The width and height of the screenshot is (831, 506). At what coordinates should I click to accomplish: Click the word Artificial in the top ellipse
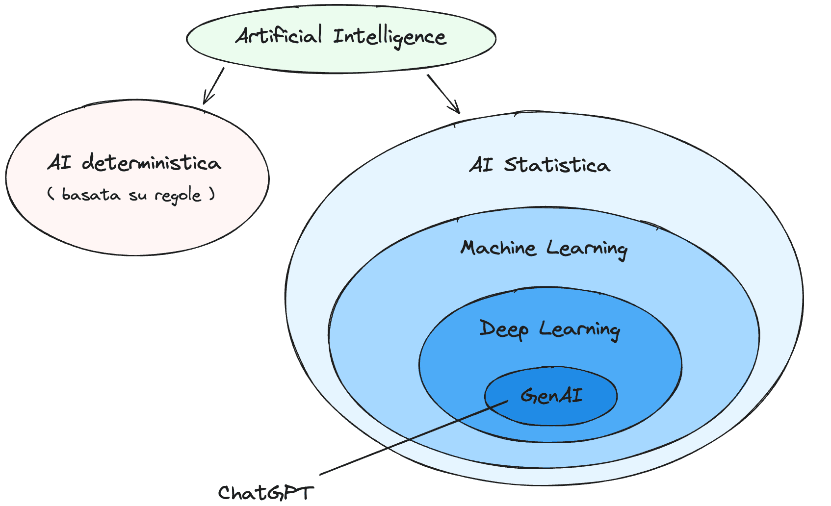click(278, 36)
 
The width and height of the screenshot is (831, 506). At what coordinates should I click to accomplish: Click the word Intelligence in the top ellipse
click(390, 37)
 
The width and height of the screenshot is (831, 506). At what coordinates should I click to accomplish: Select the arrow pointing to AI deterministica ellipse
click(214, 85)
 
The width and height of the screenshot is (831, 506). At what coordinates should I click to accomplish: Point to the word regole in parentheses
click(178, 196)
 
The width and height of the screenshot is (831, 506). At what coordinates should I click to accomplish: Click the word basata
click(91, 195)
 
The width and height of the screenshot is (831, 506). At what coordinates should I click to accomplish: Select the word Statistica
click(557, 165)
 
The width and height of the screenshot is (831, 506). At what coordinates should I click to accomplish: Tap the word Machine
click(497, 248)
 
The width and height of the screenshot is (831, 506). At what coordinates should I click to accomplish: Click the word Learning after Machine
click(587, 249)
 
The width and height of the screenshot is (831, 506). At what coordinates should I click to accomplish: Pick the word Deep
click(504, 329)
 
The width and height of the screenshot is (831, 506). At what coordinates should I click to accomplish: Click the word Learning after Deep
click(579, 329)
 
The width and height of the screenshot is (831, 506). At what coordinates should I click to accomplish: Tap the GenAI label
click(551, 395)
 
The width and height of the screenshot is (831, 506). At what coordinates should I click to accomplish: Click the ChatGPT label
click(265, 493)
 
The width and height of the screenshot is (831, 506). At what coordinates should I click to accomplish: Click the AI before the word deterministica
click(59, 162)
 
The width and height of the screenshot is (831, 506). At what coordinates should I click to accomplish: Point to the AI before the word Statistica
click(481, 165)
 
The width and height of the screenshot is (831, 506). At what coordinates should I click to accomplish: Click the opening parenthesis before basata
click(51, 194)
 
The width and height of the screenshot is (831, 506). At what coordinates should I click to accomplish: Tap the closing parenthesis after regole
click(212, 194)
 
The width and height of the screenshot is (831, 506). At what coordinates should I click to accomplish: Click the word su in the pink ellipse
click(137, 196)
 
